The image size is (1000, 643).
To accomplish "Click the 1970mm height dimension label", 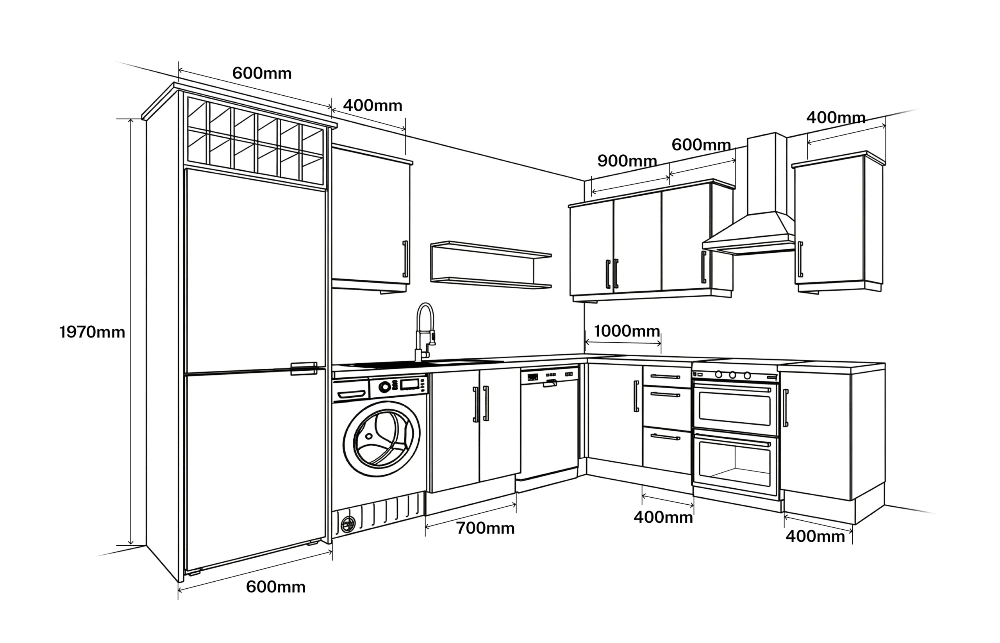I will coord(92,332).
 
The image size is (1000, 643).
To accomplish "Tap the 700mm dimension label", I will coord(485,529).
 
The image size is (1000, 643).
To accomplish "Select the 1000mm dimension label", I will coord(626,331).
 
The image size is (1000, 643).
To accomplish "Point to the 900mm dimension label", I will coord(627,161).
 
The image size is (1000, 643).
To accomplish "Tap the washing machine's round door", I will coord(381,439).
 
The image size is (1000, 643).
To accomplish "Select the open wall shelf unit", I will coord(491,265).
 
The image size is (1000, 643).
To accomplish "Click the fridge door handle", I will coord(304,369).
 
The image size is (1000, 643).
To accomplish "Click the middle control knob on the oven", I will coord(732,375).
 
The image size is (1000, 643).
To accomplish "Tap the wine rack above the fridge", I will coord(255,140).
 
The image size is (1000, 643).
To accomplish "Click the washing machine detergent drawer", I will coord(350,394).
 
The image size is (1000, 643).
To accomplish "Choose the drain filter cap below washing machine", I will coord(348,524).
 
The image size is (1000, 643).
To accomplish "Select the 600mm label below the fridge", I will coord(275,587).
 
